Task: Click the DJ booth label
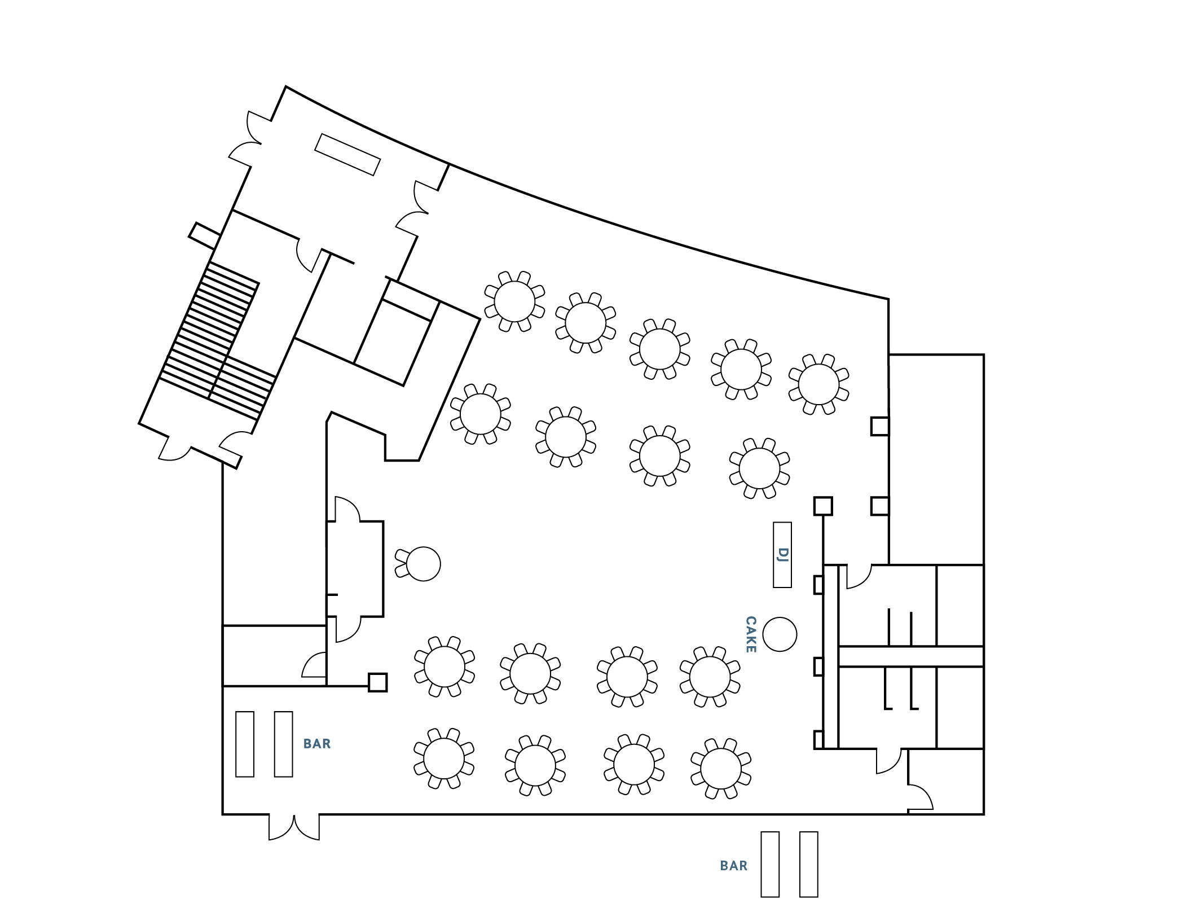coord(782,555)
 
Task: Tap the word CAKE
coord(751,634)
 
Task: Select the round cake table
coord(780,634)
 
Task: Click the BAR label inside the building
coord(317,744)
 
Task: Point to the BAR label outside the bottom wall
coord(733,866)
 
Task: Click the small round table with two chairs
coord(422,564)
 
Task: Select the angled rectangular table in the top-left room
coord(347,155)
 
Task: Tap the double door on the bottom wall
coord(294,826)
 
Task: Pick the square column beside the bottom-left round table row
coord(377,682)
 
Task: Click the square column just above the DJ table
coord(823,506)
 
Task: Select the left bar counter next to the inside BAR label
coord(245,744)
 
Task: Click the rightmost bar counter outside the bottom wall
coord(808,864)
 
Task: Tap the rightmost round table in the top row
coord(818,384)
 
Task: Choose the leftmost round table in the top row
coord(514,301)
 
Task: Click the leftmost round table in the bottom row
coord(444,758)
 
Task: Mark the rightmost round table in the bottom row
coord(721,768)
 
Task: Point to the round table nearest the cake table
coord(710,677)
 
